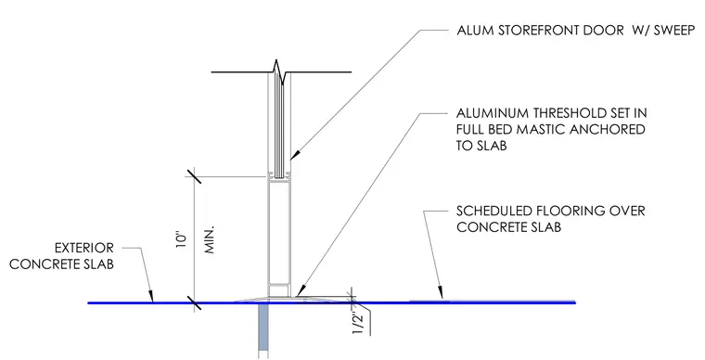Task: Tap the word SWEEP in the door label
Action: coord(674,31)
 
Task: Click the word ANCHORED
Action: coord(608,130)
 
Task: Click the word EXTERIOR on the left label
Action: coord(84,248)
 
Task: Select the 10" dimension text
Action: coord(181,240)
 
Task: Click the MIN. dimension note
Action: coord(210,239)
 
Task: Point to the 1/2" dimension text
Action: coord(357,321)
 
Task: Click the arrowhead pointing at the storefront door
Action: coord(294,155)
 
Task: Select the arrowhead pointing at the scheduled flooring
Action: coord(441,292)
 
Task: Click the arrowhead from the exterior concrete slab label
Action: coord(150,295)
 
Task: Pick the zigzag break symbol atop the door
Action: coord(279,72)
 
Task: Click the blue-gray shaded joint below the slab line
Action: coord(263,331)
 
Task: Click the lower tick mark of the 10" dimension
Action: coord(194,302)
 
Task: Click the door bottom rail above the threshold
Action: coord(279,289)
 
